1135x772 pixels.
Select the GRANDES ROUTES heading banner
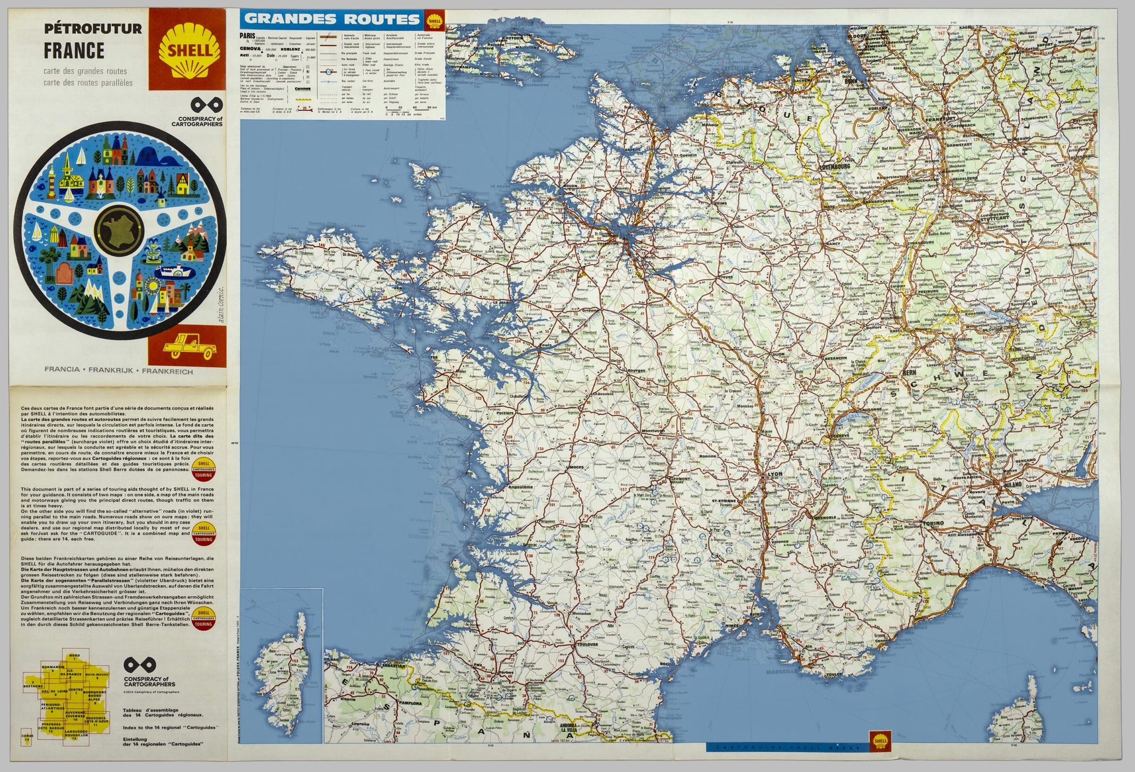click(332, 19)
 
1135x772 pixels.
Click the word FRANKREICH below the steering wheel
click(169, 371)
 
